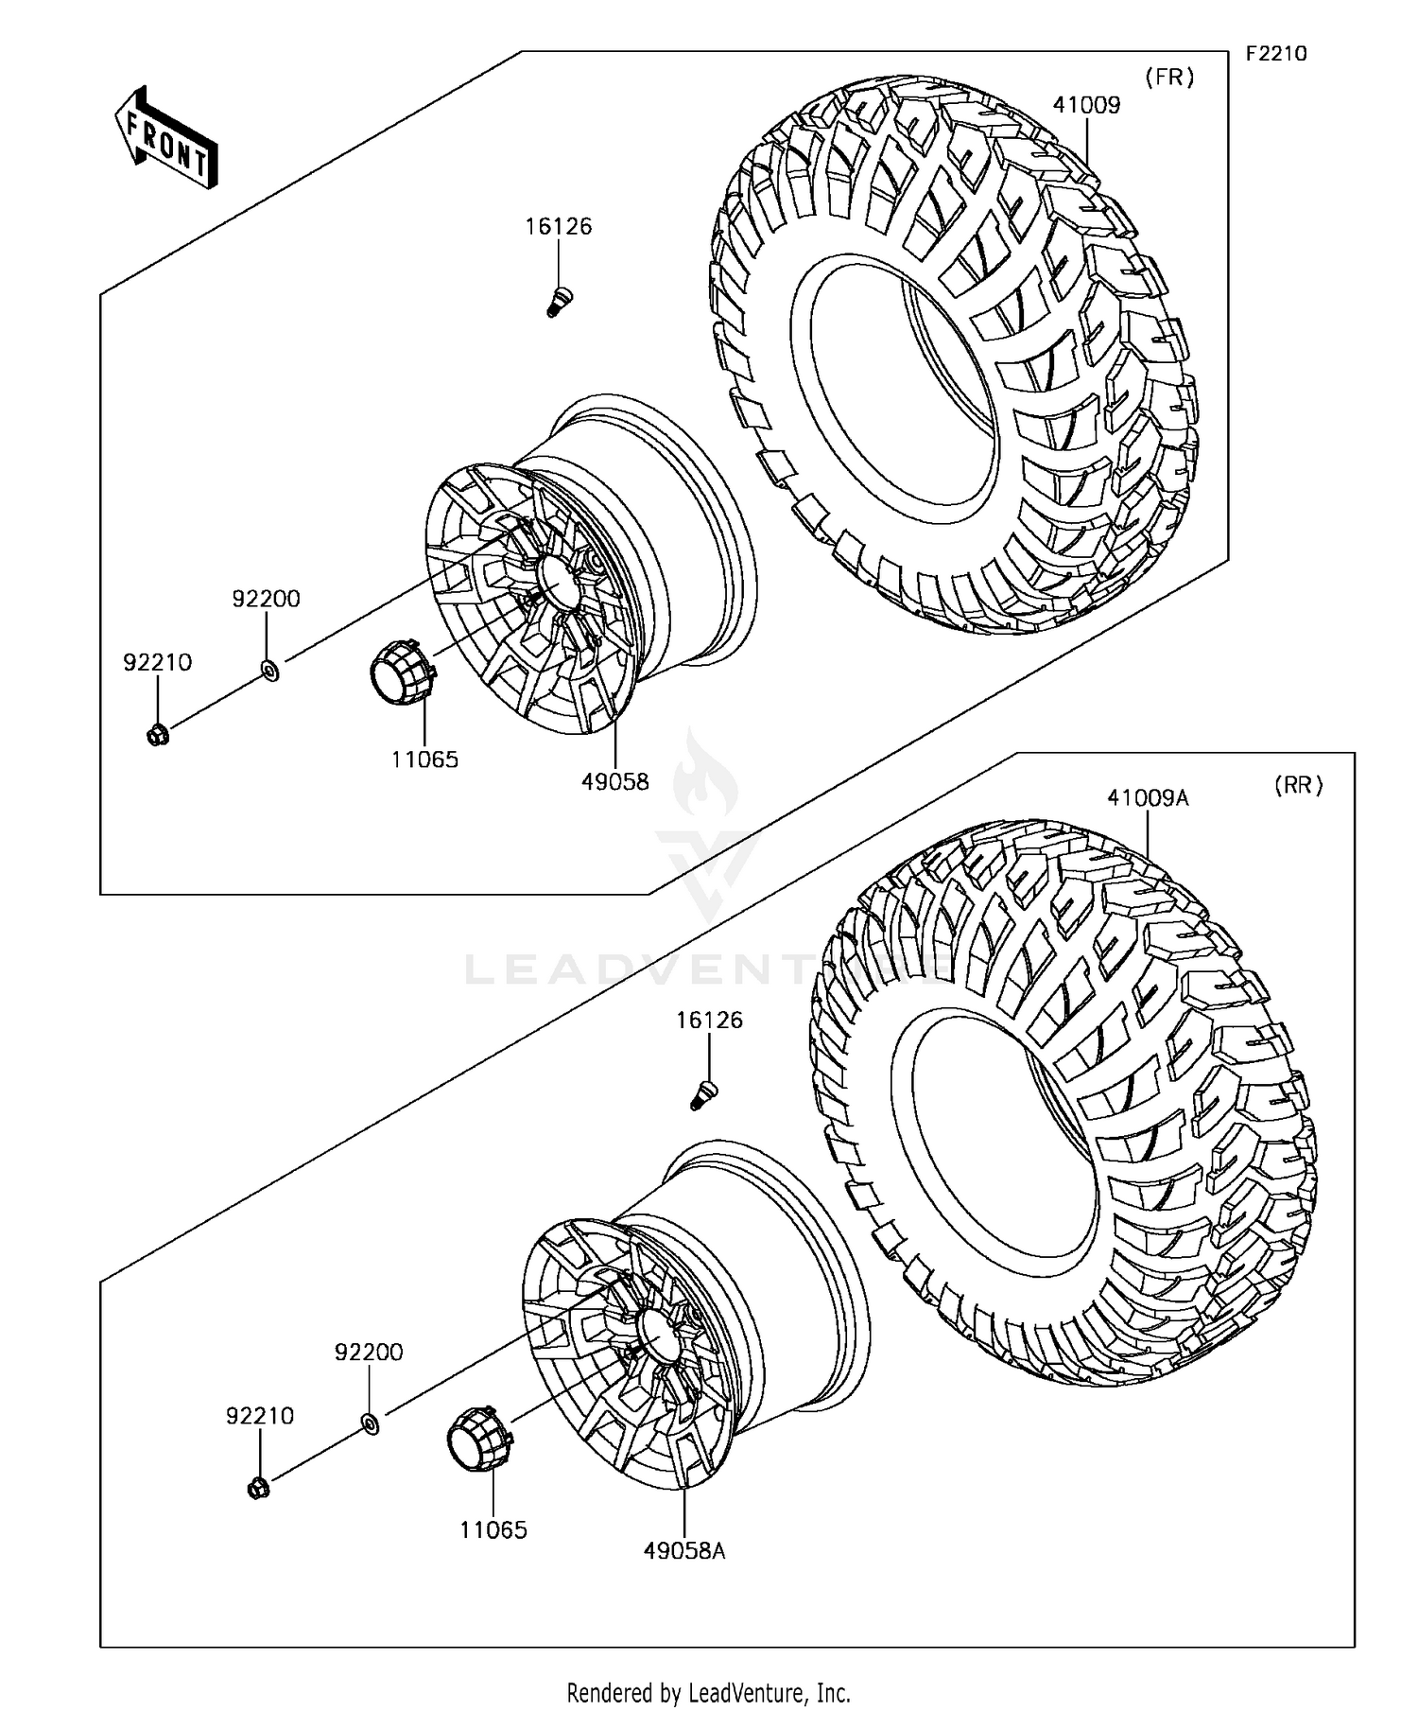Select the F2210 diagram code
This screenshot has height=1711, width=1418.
(x=1275, y=53)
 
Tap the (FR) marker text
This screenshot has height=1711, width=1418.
(x=1169, y=78)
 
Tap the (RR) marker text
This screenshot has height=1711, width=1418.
(x=1298, y=784)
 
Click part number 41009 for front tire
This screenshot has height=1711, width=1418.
(x=1086, y=105)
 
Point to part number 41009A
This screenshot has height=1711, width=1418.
(x=1148, y=797)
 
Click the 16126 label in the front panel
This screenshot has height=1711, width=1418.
(x=559, y=226)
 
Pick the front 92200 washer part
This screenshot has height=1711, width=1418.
(x=268, y=672)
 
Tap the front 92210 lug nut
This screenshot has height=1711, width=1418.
(x=158, y=734)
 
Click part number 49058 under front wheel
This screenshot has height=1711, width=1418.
(x=615, y=781)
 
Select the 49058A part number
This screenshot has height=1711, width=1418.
(x=684, y=1551)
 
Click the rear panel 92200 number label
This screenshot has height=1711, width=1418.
(x=369, y=1352)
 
